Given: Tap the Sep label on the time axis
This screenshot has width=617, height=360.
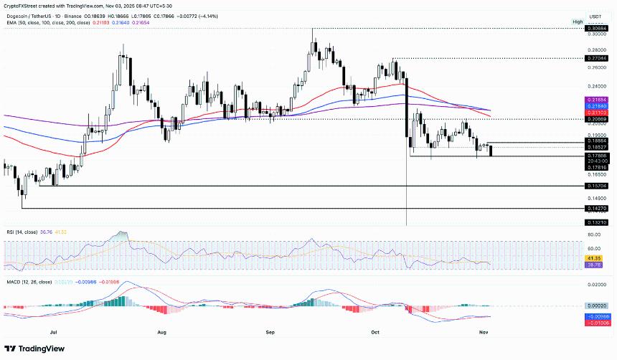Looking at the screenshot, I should coord(270,332).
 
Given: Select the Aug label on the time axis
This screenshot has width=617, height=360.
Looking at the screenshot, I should coord(161,332).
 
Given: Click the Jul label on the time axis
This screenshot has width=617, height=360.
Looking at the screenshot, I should coord(54,332).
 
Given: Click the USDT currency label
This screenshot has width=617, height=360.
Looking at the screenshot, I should coord(595,16).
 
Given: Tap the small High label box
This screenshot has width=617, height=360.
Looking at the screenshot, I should coord(578,22).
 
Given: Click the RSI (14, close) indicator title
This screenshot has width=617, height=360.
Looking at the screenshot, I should coord(22,232).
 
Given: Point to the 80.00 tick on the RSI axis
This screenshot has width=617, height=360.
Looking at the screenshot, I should coord(595,235).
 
